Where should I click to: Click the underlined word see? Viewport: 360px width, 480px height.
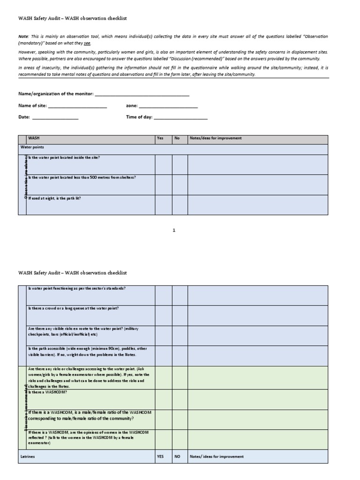pyautogui.click(x=87, y=43)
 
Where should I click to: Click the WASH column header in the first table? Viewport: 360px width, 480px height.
pyautogui.click(x=34, y=139)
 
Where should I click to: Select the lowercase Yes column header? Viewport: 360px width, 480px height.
pyautogui.click(x=160, y=139)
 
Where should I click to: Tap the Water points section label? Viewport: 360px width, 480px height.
pyautogui.click(x=32, y=147)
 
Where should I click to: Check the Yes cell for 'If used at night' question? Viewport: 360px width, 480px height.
pyautogui.click(x=164, y=204)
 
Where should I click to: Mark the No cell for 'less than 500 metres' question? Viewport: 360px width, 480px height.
pyautogui.click(x=180, y=184)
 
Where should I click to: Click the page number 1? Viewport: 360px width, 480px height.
pyautogui.click(x=173, y=230)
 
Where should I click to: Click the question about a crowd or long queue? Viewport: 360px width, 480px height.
pyautogui.click(x=74, y=308)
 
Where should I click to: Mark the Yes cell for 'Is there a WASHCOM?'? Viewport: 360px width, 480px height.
pyautogui.click(x=164, y=398)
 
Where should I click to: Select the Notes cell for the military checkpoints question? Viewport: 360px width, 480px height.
pyautogui.click(x=258, y=336)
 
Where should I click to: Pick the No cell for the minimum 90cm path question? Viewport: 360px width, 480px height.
pyautogui.click(x=180, y=356)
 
